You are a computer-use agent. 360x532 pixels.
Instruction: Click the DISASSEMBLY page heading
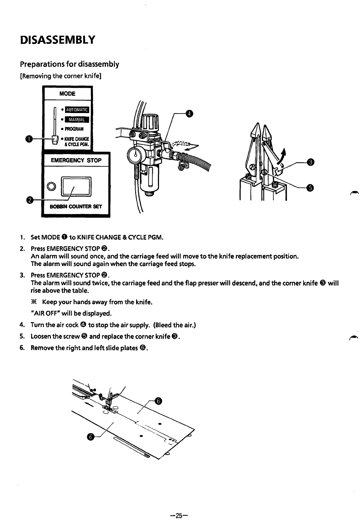click(57, 40)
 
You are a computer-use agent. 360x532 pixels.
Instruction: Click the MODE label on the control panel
click(67, 94)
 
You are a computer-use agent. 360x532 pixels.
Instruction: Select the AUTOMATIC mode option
click(77, 110)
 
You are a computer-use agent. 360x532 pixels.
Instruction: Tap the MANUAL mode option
click(77, 120)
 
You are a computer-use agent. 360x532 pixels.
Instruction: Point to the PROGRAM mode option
click(74, 129)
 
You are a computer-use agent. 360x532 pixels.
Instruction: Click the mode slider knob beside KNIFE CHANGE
click(55, 140)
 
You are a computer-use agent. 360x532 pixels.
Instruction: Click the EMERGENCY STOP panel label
click(76, 160)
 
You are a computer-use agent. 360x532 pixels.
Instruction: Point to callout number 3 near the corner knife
click(310, 163)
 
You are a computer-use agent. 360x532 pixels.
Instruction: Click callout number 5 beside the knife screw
click(310, 188)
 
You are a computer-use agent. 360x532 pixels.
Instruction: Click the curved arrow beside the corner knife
click(282, 157)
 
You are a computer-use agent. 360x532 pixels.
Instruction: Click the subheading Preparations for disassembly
click(69, 64)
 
